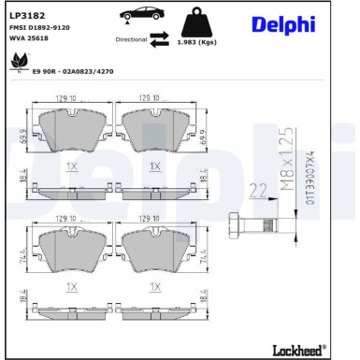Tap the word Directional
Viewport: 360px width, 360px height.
(x=131, y=40)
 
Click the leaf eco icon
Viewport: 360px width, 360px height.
(x=16, y=62)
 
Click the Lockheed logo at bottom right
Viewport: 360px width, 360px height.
(x=290, y=350)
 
